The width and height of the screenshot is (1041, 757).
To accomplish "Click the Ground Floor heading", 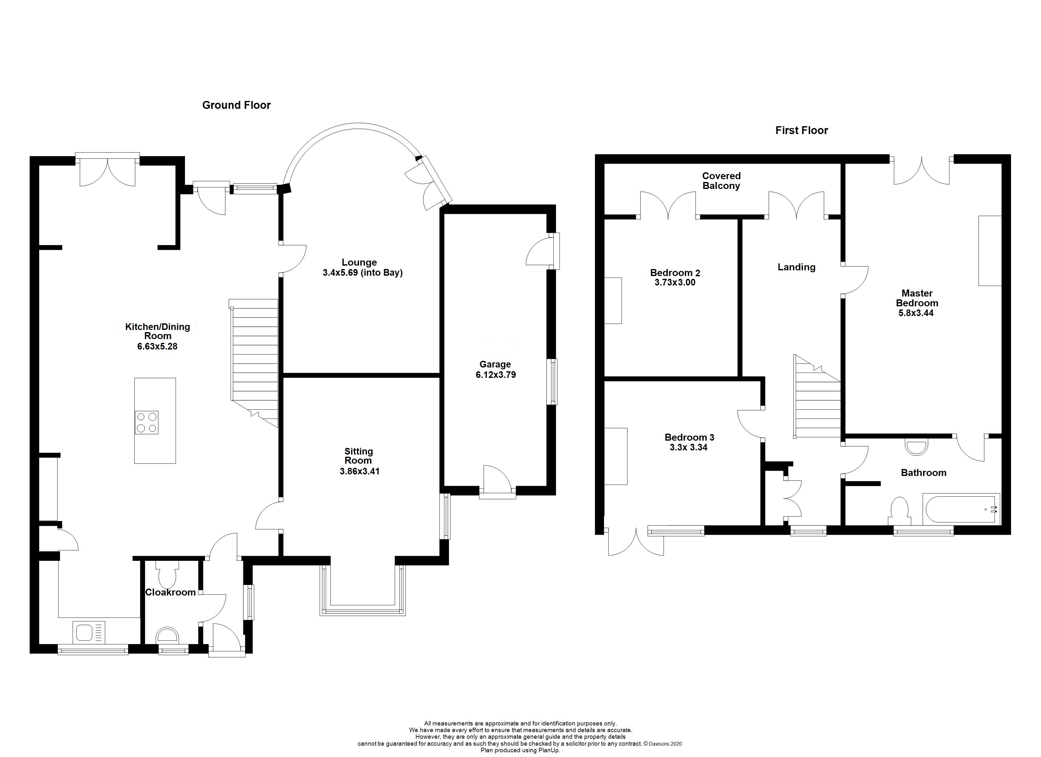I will pos(236,105).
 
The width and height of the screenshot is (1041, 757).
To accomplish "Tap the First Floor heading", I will pos(801,130).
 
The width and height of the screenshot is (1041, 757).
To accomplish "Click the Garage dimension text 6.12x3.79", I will pos(496,375).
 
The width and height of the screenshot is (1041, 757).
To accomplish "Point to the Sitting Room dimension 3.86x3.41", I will pos(359,471).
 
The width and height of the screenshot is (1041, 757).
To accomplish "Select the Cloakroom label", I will pos(170,592).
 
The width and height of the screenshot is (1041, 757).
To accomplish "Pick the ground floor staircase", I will pos(255,363).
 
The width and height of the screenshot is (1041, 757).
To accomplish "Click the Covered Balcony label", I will pos(721,181).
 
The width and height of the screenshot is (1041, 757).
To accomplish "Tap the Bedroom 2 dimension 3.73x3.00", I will pos(675,282).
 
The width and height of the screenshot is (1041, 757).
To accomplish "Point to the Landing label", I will pos(796,267).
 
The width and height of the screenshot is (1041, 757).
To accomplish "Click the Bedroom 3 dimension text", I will pos(689,447).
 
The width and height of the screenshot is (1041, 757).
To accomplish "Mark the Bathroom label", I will pos(924,473).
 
